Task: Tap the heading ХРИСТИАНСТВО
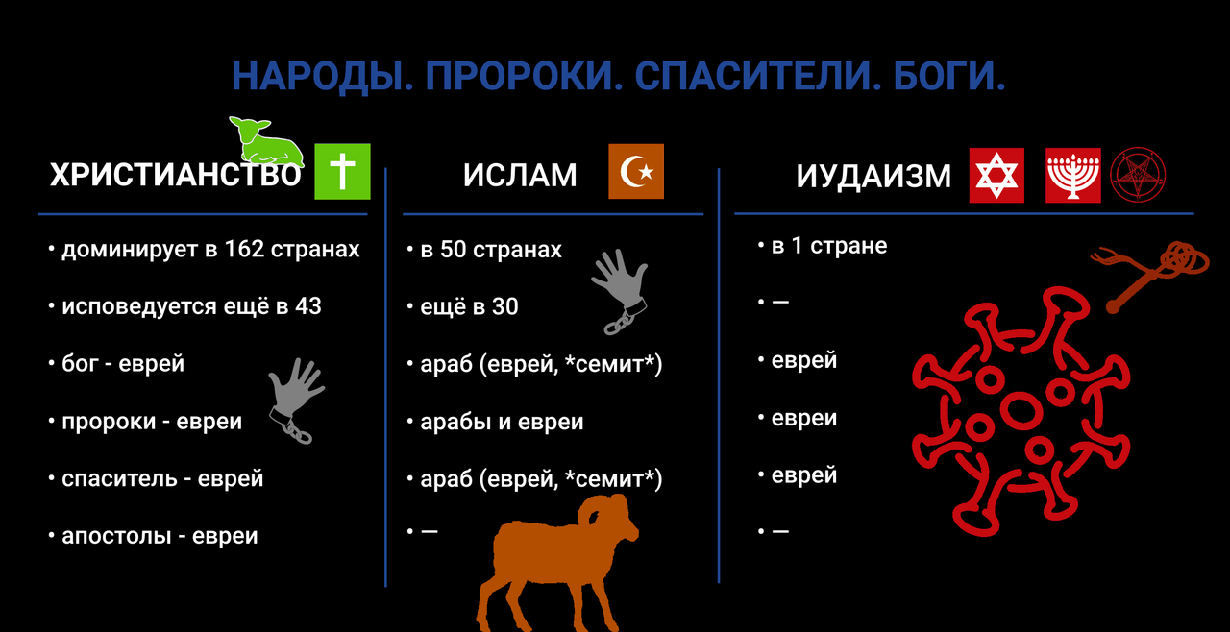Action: click(x=176, y=176)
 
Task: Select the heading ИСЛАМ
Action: click(x=520, y=176)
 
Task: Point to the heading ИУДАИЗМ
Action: click(x=873, y=177)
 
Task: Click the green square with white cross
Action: click(x=342, y=172)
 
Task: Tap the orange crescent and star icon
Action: click(x=636, y=172)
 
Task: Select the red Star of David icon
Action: click(x=996, y=176)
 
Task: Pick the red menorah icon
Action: click(x=1073, y=176)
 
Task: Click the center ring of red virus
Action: click(x=1020, y=409)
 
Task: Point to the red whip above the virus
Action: click(x=1153, y=274)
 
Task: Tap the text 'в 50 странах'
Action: click(x=491, y=250)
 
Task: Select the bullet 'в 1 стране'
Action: click(x=828, y=246)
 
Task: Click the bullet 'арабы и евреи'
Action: click(x=502, y=422)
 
